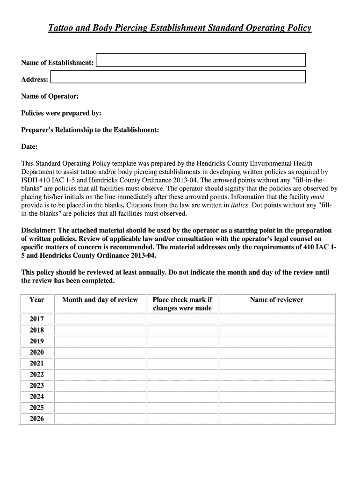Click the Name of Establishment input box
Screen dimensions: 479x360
201,60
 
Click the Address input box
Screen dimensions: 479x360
178,77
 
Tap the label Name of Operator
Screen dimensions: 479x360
50,96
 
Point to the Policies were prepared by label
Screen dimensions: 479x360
61,113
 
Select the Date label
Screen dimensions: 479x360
29,147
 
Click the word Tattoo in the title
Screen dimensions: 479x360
60,29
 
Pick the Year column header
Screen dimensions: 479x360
37,300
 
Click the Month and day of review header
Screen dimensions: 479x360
100,300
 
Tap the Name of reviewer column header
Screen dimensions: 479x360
276,300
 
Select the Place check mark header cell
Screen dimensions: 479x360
182,304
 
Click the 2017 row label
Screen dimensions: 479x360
37,319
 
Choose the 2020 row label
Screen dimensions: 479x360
37,352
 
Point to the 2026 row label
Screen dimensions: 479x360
37,419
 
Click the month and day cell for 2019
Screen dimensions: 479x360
100,341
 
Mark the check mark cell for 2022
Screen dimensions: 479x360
182,374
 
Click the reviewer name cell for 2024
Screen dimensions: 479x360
276,397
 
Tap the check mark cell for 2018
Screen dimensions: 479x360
182,330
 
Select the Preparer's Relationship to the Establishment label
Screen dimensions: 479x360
90,130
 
